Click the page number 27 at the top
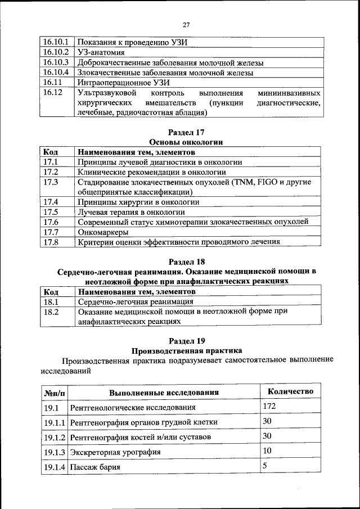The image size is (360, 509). [186, 24]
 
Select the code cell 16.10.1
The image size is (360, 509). [56, 42]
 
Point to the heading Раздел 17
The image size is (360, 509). [186, 131]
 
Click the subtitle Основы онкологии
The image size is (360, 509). [186, 142]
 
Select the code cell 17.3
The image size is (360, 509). [51, 182]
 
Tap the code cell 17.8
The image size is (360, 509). [51, 242]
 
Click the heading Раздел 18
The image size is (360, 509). [186, 261]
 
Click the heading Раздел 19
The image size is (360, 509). [186, 340]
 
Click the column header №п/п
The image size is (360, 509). [55, 393]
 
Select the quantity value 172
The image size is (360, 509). [270, 406]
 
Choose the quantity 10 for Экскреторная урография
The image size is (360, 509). [267, 451]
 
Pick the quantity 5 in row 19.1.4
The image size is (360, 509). [265, 466]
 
